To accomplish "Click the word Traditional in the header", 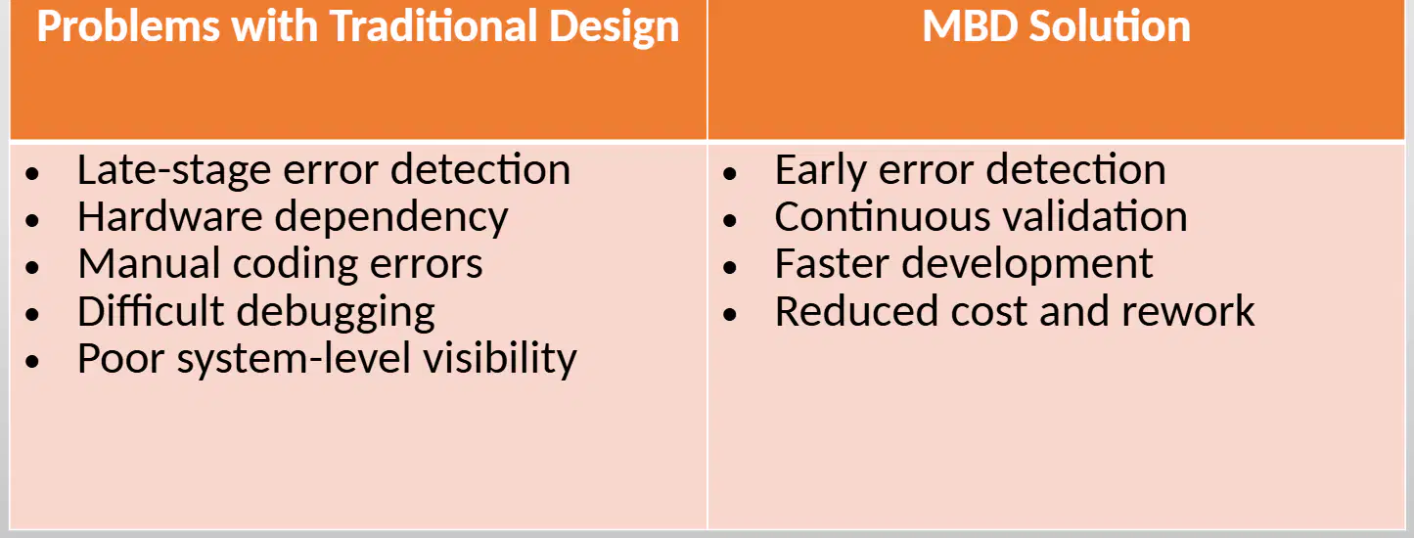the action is [x=433, y=26].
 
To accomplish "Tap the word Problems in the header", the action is [x=127, y=26].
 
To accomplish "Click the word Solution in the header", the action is [x=1110, y=26].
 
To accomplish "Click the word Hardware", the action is [x=170, y=216].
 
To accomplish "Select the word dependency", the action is [x=391, y=218].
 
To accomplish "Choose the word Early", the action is [x=820, y=170].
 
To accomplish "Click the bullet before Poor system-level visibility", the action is [x=33, y=361].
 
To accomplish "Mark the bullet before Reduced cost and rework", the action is [x=730, y=314].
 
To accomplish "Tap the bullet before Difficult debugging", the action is [x=33, y=314].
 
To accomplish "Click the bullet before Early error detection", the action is [x=730, y=173].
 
